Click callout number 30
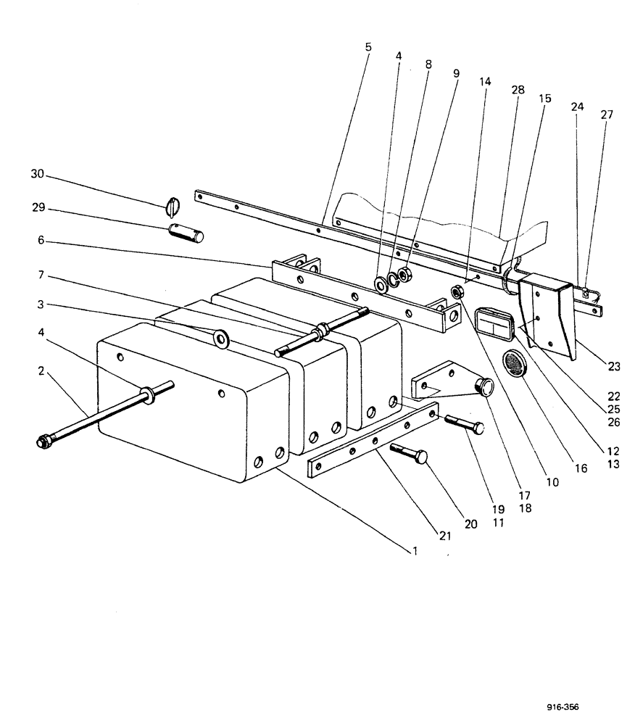point(37,174)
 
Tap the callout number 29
point(37,207)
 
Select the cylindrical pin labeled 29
point(186,233)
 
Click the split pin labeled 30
point(171,207)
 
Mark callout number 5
point(368,46)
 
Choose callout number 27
point(606,114)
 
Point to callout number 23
point(614,366)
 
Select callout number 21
point(444,536)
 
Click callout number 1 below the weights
point(415,551)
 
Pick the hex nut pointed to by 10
point(457,292)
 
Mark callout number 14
point(485,82)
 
